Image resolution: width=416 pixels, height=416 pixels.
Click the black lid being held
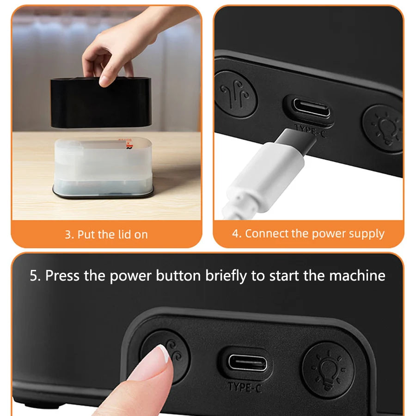pyautogui.click(x=100, y=103)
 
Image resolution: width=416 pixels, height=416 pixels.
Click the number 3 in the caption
pyautogui.click(x=68, y=234)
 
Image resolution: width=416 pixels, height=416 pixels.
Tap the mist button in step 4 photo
pyautogui.click(x=235, y=92)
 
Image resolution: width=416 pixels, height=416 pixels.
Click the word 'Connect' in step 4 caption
pyautogui.click(x=266, y=234)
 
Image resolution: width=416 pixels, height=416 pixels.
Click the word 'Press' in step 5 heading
pyautogui.click(x=63, y=276)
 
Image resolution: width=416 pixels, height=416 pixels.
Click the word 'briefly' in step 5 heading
pyautogui.click(x=217, y=276)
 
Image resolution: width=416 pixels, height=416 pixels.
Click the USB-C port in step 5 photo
pyautogui.click(x=247, y=363)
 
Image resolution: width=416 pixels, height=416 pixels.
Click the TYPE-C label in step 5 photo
pyautogui.click(x=245, y=386)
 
